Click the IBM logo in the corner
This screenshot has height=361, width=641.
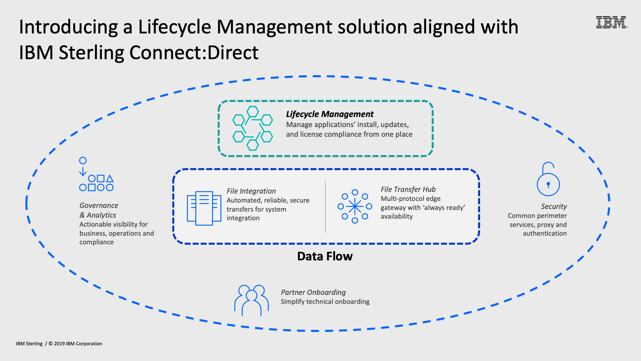pos(612,22)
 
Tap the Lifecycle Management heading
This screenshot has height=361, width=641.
pos(330,114)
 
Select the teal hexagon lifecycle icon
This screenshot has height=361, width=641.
pos(252,128)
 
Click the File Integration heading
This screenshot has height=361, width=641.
pos(251,191)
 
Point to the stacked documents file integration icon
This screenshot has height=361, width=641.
pos(204,208)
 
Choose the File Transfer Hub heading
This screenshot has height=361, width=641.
pos(408,189)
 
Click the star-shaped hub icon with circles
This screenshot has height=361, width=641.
pos(355,207)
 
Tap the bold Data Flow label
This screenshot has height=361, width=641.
pos(325,256)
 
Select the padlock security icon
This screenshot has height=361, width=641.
pos(548,179)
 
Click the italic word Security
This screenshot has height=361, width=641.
pos(554,206)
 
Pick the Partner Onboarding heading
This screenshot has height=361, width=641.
pos(313,292)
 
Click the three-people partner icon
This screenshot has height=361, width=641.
pos(251,300)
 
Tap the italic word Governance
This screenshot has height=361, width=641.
pos(99,205)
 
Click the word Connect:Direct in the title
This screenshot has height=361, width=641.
pos(194,52)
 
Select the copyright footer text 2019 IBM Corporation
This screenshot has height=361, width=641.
pos(78,344)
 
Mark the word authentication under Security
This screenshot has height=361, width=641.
pos(545,233)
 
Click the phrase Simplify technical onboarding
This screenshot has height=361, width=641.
pos(325,302)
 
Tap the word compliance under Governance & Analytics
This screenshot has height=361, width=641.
pos(96,242)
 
